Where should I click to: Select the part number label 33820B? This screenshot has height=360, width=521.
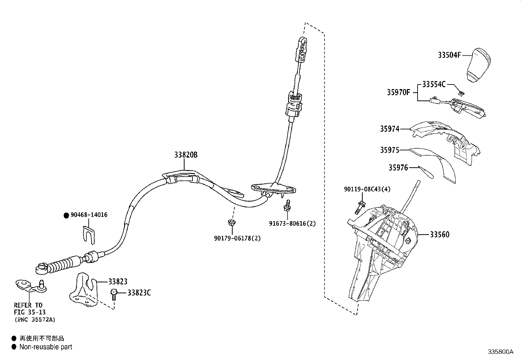[x=186, y=155]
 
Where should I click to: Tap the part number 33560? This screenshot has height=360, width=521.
[x=440, y=235]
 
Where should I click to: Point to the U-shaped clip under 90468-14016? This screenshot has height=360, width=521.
[x=89, y=235]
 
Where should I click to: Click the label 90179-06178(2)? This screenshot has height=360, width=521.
[x=237, y=238]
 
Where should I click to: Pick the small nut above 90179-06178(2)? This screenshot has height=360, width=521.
[x=232, y=223]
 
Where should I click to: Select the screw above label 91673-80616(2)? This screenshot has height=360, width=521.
[x=287, y=205]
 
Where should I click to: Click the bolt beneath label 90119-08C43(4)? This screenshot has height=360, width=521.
[x=360, y=207]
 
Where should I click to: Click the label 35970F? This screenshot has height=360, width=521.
[x=398, y=92]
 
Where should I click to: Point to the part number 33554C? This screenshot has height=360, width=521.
[x=434, y=84]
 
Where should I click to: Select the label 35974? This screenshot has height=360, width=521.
[x=389, y=129]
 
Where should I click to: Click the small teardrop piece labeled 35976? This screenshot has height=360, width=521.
[x=426, y=172]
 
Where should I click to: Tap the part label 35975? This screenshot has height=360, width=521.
[x=389, y=150]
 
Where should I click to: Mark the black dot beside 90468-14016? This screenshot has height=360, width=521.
[x=66, y=216]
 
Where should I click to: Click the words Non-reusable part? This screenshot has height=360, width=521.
[x=46, y=347]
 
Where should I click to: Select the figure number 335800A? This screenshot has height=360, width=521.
[x=500, y=351]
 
